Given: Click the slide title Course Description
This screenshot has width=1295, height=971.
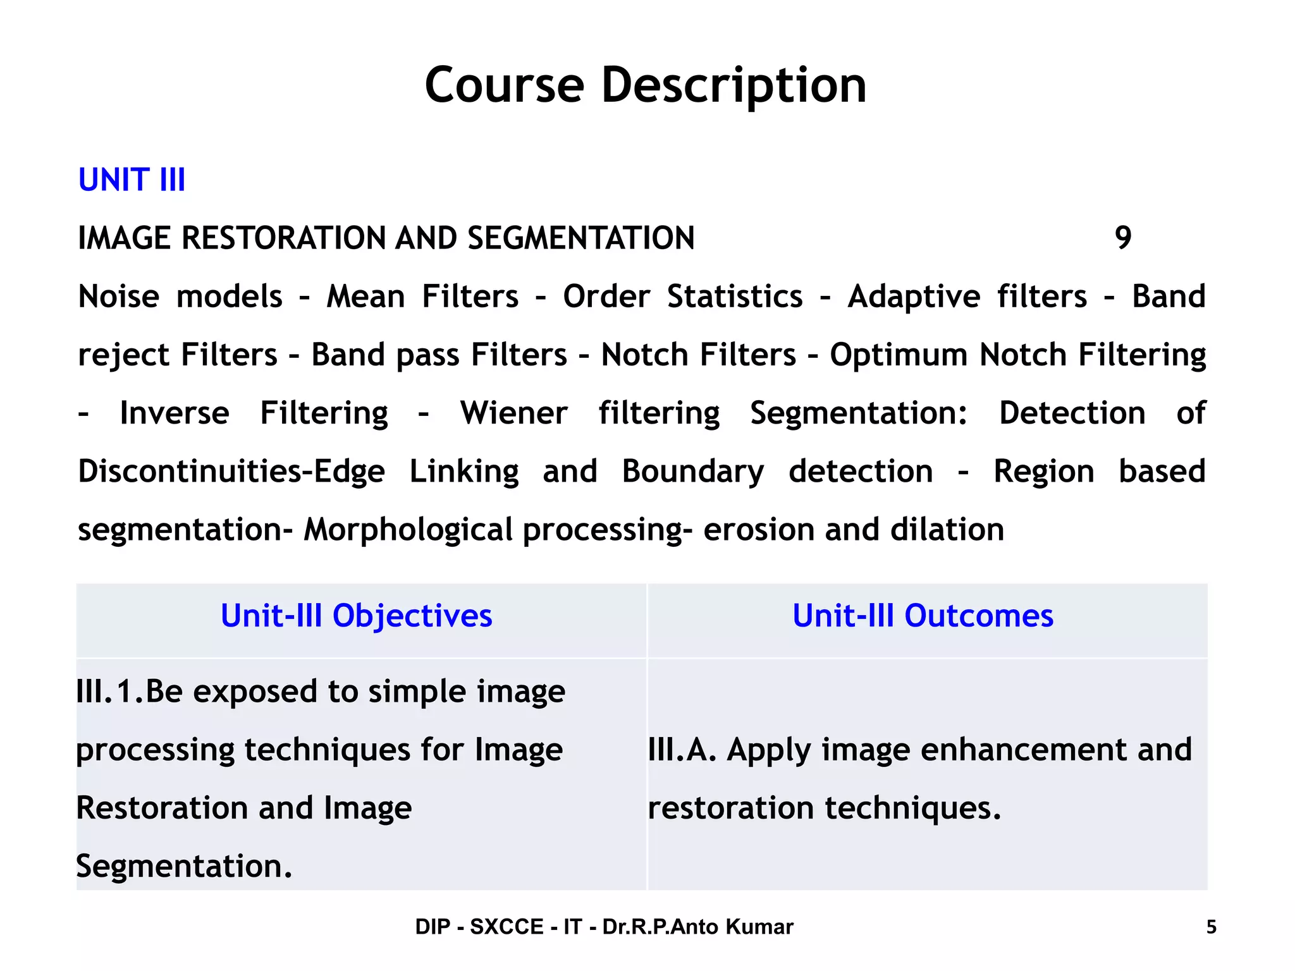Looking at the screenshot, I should pyautogui.click(x=645, y=85).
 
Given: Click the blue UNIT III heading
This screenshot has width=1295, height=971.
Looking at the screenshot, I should pyautogui.click(x=132, y=180).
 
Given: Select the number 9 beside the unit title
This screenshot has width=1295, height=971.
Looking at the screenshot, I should pyautogui.click(x=1122, y=238).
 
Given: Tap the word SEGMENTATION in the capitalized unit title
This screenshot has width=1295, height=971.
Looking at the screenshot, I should pyautogui.click(x=580, y=238).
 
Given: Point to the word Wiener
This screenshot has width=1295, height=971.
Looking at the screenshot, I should pyautogui.click(x=513, y=413).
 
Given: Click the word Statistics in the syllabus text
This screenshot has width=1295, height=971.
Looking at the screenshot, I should pyautogui.click(x=735, y=296).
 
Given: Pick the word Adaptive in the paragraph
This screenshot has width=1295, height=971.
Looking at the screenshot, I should pyautogui.click(x=914, y=296).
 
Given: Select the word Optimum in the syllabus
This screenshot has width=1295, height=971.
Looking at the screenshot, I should pyautogui.click(x=899, y=355).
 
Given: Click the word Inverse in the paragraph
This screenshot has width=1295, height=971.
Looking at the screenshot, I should pyautogui.click(x=175, y=413).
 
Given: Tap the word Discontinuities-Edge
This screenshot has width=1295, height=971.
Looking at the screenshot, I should pyautogui.click(x=231, y=472).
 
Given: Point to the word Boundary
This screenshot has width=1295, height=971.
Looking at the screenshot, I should pyautogui.click(x=693, y=472).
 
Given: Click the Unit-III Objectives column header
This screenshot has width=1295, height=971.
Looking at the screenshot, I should pyautogui.click(x=356, y=616).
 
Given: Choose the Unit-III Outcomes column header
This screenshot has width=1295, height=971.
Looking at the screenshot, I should pyautogui.click(x=923, y=616).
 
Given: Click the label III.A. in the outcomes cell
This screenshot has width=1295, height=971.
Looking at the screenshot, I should pyautogui.click(x=682, y=750).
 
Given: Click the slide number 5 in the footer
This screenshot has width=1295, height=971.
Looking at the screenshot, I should pyautogui.click(x=1211, y=927).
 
